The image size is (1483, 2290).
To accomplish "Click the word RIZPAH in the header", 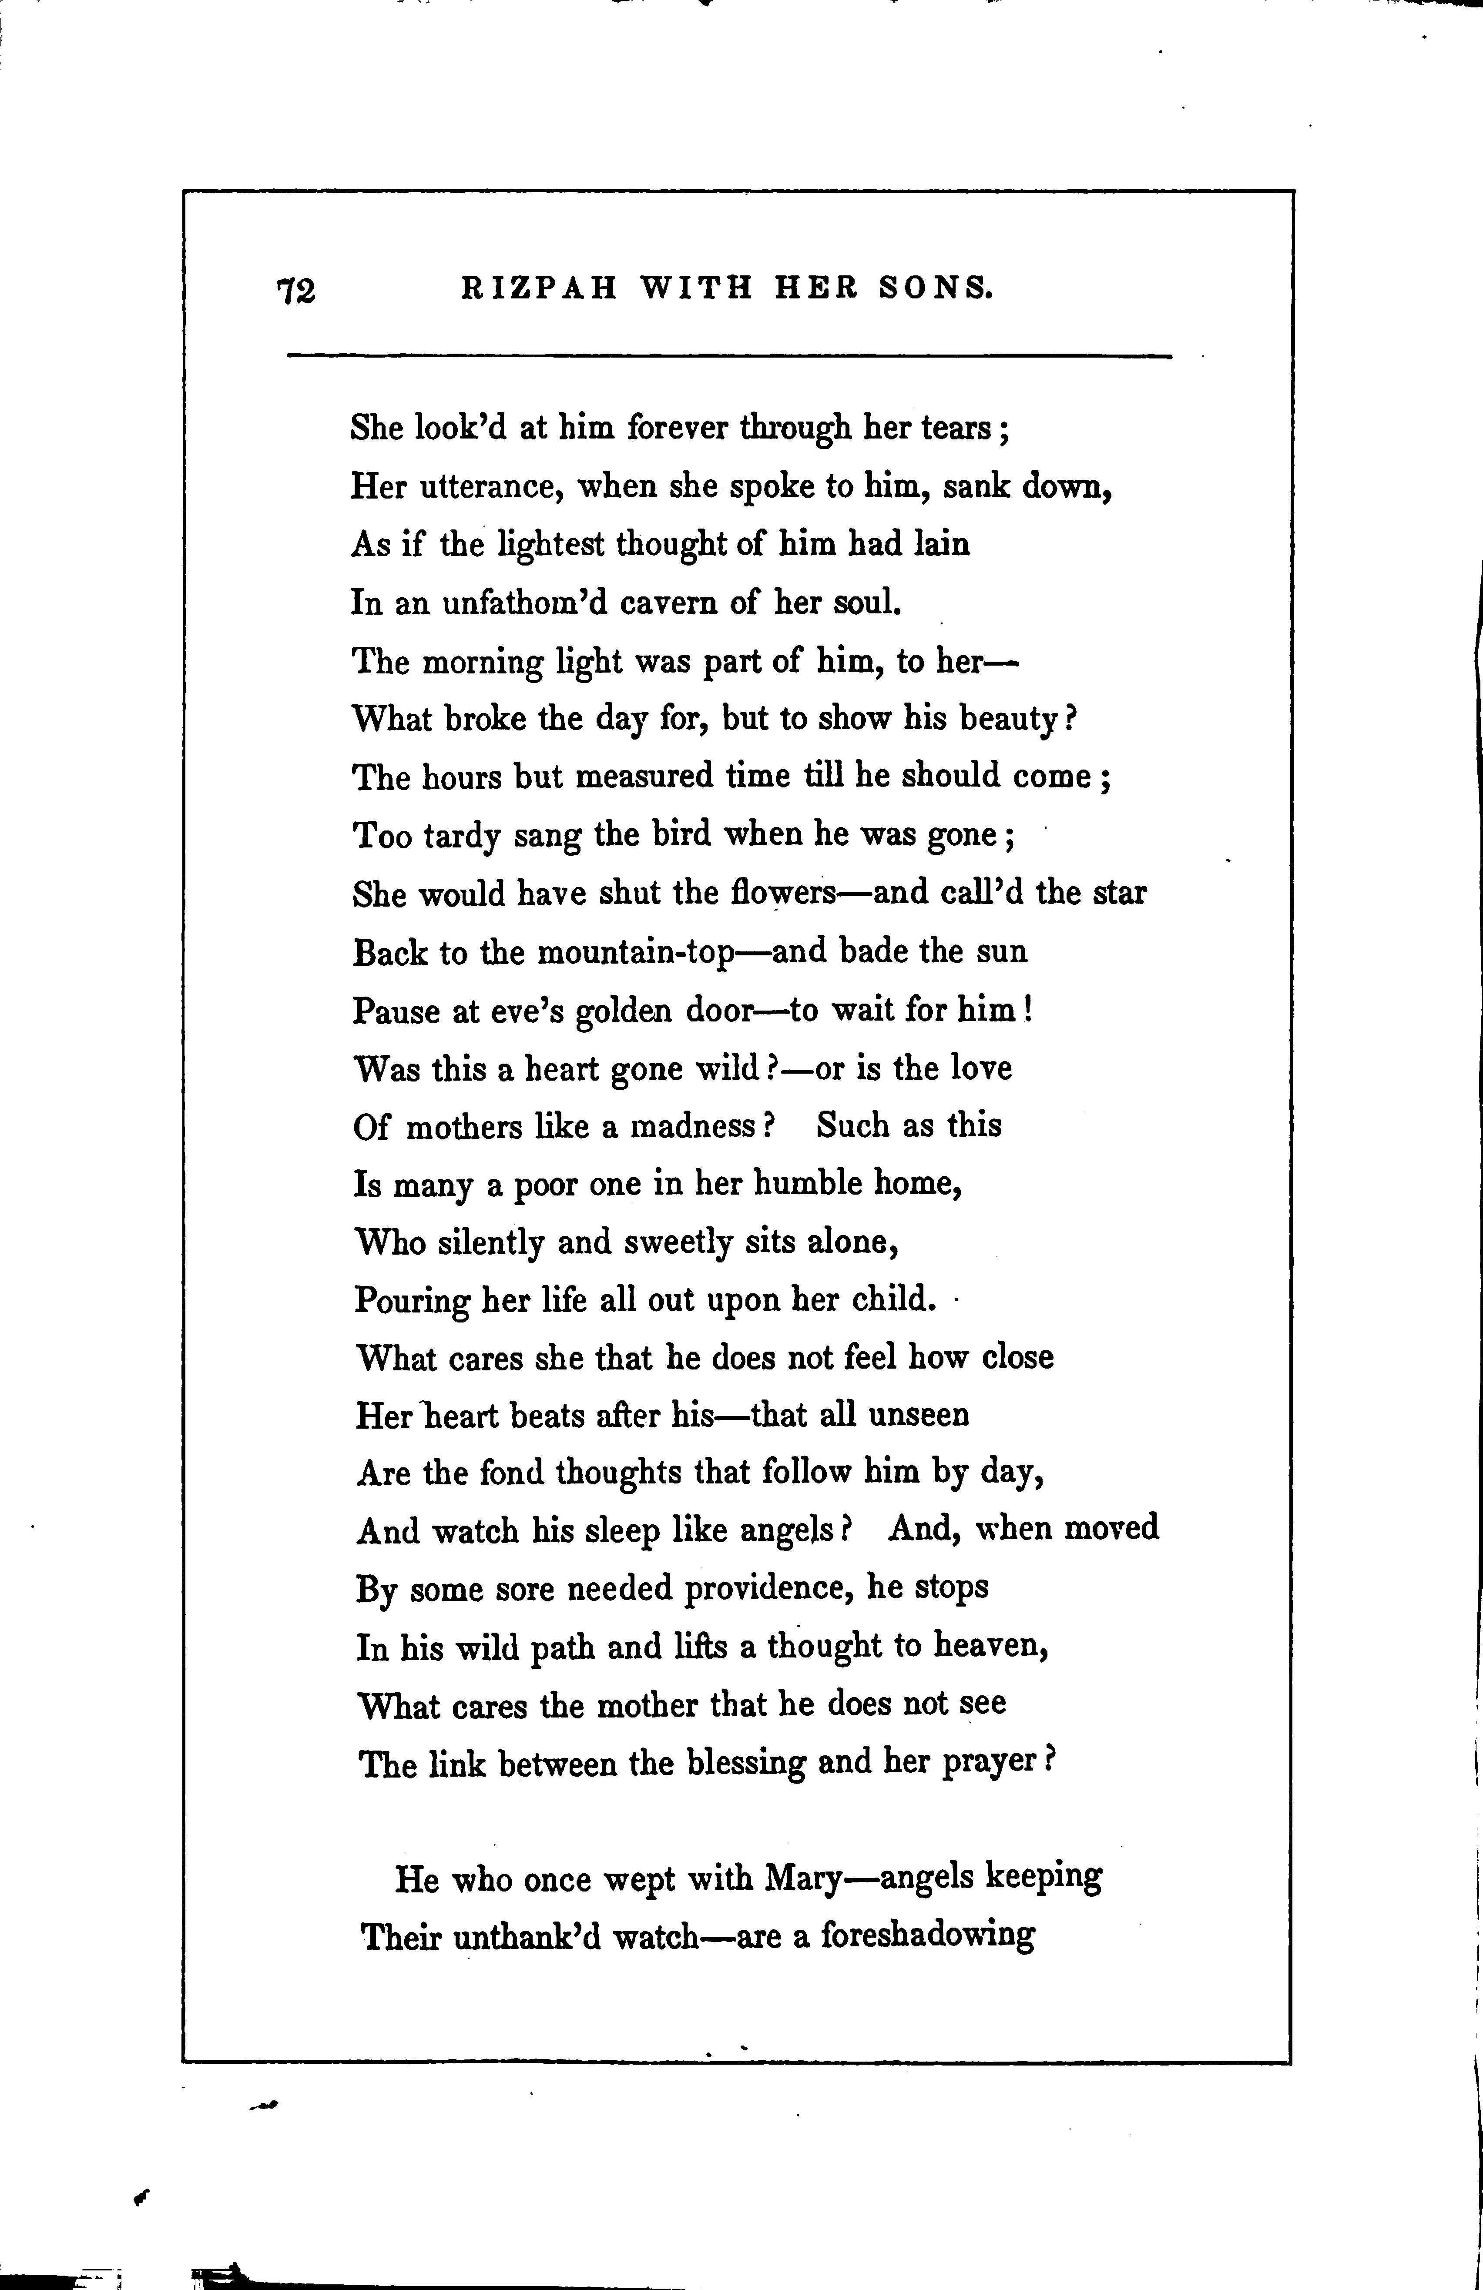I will (x=539, y=288).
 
